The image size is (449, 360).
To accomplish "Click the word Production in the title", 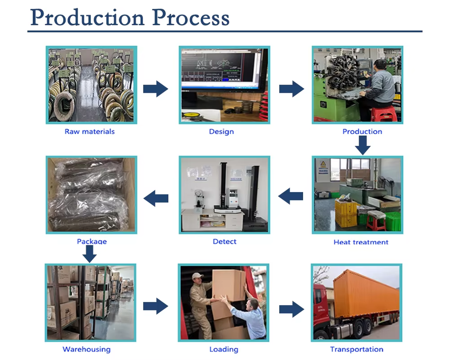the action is (87, 17).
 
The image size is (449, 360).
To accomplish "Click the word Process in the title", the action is (191, 17).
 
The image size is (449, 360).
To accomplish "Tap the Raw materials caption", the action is (90, 132).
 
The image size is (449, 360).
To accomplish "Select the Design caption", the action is (221, 132).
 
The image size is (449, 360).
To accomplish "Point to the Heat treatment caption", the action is (361, 242).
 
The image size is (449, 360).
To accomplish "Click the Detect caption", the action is (224, 242).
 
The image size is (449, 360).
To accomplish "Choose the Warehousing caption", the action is (87, 349).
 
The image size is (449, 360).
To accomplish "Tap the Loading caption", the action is (224, 349).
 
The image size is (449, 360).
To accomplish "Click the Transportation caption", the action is (356, 349).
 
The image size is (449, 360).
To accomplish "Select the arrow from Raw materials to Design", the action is (155, 89).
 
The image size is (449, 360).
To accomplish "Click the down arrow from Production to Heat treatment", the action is (362, 145).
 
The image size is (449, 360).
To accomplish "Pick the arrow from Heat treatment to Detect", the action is (290, 196).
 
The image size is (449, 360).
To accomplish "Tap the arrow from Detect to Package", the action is (156, 198).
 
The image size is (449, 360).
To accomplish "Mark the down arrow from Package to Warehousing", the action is (90, 254).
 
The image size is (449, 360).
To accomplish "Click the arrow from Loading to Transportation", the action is (291, 309).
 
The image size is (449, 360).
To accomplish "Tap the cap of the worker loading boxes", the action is (197, 276).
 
